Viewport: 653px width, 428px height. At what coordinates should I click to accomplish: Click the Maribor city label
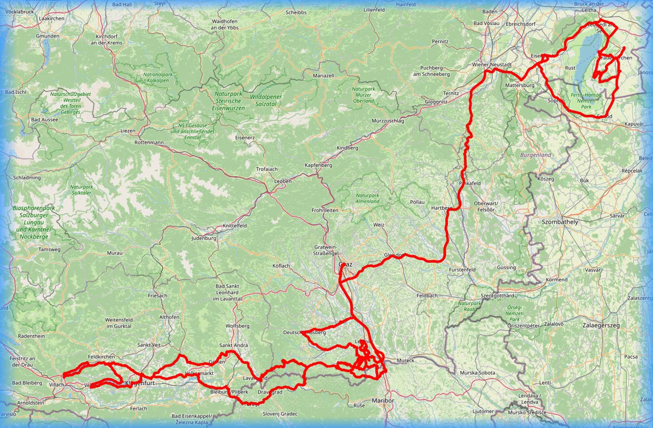(383, 400)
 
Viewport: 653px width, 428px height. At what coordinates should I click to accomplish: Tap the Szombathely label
(560, 222)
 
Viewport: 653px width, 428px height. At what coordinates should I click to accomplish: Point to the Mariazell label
(323, 75)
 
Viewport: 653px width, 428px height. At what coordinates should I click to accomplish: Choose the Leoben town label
(283, 181)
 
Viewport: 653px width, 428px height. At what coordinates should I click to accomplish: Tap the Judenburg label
(204, 238)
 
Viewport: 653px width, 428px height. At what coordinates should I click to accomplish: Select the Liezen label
(128, 131)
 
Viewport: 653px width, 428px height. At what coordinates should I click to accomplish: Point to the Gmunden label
(47, 36)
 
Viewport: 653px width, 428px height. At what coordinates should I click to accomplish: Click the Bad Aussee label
(44, 119)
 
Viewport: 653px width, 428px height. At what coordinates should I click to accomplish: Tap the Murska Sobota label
(478, 373)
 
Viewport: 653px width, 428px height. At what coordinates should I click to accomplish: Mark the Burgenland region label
(536, 155)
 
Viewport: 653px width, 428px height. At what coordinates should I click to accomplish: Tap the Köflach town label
(281, 266)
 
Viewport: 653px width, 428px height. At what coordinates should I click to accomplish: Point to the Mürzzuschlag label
(387, 121)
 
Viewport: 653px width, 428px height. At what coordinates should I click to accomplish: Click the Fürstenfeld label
(463, 269)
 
